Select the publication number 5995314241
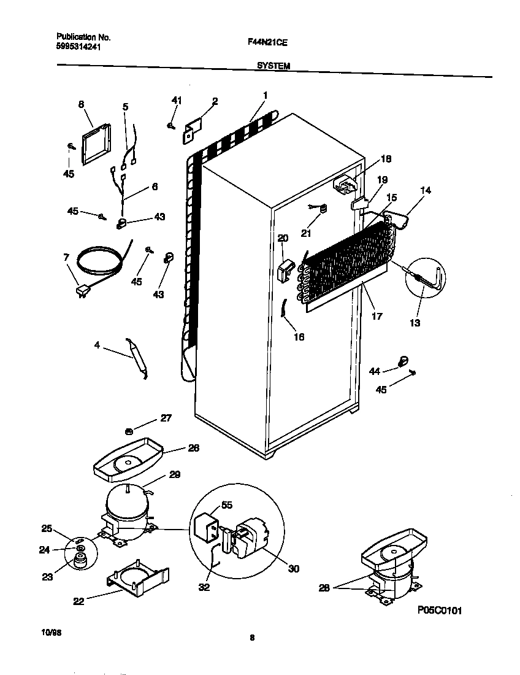[x=74, y=45]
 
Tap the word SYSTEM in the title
[x=273, y=66]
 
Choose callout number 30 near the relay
[x=294, y=569]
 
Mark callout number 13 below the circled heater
[x=415, y=323]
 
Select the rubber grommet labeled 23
[x=78, y=560]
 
